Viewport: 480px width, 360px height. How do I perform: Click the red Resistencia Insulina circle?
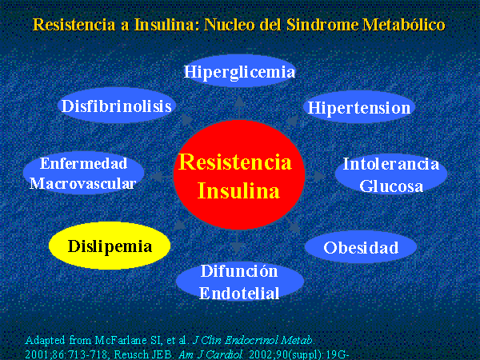pyautogui.click(x=239, y=174)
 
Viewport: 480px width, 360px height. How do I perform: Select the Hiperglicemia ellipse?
pyautogui.click(x=239, y=71)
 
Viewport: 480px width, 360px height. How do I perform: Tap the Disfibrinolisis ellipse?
pyautogui.click(x=117, y=106)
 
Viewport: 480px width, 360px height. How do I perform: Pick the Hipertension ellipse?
pyautogui.click(x=358, y=107)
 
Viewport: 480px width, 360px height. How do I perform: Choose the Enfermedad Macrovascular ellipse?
pyautogui.click(x=83, y=173)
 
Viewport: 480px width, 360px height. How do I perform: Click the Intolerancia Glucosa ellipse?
pyautogui.click(x=391, y=174)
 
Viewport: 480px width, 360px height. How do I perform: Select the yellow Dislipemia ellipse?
pyautogui.click(x=110, y=246)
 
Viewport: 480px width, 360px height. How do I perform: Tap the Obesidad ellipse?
pyautogui.click(x=361, y=246)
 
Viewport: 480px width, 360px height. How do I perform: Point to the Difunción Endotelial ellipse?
pyautogui.click(x=240, y=281)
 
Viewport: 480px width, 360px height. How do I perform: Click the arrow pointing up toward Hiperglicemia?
pyautogui.click(x=239, y=107)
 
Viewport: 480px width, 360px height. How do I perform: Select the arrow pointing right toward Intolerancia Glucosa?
pyautogui.click(x=315, y=176)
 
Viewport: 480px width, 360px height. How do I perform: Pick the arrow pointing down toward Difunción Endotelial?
pyautogui.click(x=237, y=242)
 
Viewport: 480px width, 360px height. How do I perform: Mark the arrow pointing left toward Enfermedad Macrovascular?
pyautogui.click(x=162, y=176)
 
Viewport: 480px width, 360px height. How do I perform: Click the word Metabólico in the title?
pyautogui.click(x=404, y=25)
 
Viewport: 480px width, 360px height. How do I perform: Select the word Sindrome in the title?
pyautogui.click(x=322, y=25)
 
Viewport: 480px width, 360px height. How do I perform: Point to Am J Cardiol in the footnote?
pyautogui.click(x=210, y=354)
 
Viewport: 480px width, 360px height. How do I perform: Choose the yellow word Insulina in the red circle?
pyautogui.click(x=238, y=190)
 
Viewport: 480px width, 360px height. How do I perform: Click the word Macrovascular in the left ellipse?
pyautogui.click(x=82, y=184)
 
